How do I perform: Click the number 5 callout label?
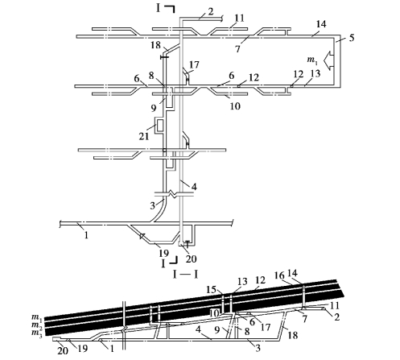click(x=352, y=38)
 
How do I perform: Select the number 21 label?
click(x=144, y=136)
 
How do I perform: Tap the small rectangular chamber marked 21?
click(x=159, y=125)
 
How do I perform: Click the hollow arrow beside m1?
click(x=328, y=60)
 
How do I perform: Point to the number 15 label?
click(x=212, y=289)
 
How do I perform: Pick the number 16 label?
click(x=279, y=275)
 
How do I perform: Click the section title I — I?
click(x=186, y=275)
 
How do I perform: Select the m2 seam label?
click(x=37, y=325)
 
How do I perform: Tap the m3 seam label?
click(x=37, y=333)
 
